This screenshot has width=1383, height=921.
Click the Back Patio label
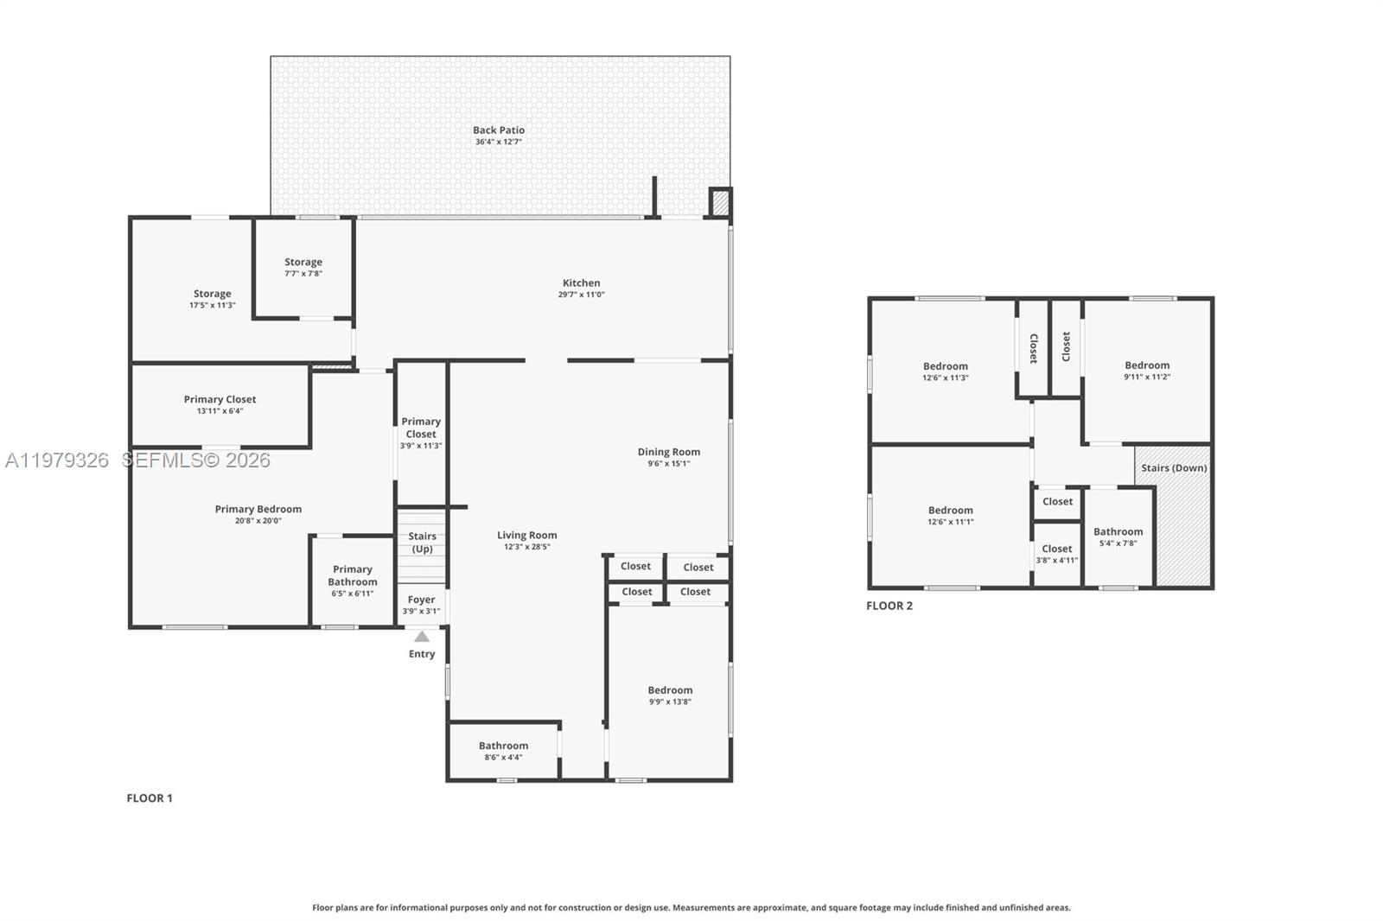499,130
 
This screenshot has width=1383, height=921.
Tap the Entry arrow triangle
422,637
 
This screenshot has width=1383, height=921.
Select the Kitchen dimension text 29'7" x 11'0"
581,295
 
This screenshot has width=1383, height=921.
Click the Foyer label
421,600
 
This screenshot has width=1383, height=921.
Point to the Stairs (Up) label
422,543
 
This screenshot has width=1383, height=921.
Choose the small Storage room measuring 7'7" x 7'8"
303,268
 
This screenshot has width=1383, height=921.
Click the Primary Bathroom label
353,575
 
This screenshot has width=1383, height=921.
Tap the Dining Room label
669,452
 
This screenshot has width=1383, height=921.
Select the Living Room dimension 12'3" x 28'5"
526,547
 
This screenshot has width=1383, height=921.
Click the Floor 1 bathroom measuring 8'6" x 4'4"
503,751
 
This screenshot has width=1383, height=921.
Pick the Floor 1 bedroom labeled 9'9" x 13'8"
670,696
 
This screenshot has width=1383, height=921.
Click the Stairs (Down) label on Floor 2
1174,468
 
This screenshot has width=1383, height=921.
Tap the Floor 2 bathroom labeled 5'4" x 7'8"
1118,537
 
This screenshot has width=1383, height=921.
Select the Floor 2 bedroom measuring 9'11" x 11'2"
1147,371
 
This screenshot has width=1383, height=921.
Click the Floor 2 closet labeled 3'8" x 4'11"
1056,554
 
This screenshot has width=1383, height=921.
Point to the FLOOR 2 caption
889,606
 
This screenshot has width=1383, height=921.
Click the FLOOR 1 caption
150,798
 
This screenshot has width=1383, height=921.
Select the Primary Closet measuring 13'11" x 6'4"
220,404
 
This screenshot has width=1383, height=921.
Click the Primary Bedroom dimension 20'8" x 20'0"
258,521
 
